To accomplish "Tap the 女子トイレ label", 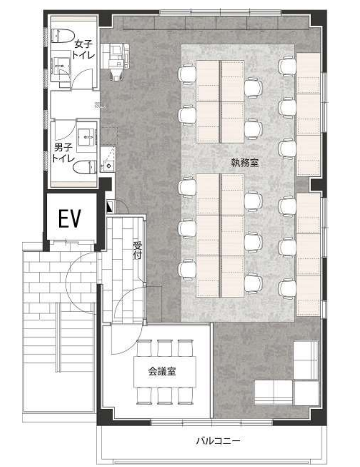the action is [x=84, y=50].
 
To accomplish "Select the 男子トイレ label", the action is [x=63, y=153].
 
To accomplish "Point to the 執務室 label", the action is [x=245, y=162].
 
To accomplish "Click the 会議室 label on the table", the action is [x=162, y=371].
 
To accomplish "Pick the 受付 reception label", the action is [x=137, y=250].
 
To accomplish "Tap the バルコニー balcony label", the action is [x=218, y=440].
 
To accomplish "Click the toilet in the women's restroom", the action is [x=62, y=36].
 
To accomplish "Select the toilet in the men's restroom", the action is [x=85, y=167].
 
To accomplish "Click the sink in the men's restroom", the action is [x=87, y=137].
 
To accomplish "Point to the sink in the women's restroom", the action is [x=62, y=67].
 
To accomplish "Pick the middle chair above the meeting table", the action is [x=165, y=348].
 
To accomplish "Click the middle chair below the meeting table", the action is [x=165, y=395].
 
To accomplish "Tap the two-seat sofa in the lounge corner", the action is [x=273, y=392].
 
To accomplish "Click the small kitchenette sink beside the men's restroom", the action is [x=107, y=164].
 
